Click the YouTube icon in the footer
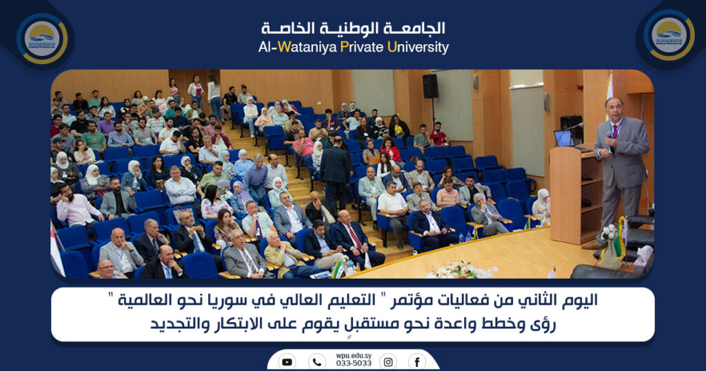pos(287,361)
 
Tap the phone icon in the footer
pos(317,361)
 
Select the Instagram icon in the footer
pos(388,361)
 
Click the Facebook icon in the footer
pos(417,361)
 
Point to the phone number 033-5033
pos(354,363)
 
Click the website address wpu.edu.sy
pos(354,356)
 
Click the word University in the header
pos(418,48)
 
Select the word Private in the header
pos(361,47)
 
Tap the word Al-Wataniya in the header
pos(297,48)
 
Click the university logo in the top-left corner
pos(42,38)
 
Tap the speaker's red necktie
pos(615,132)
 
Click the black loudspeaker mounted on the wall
pos(430,86)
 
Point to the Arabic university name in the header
pos(354,29)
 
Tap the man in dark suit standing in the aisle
pos(336,172)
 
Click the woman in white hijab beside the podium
pos(541,206)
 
